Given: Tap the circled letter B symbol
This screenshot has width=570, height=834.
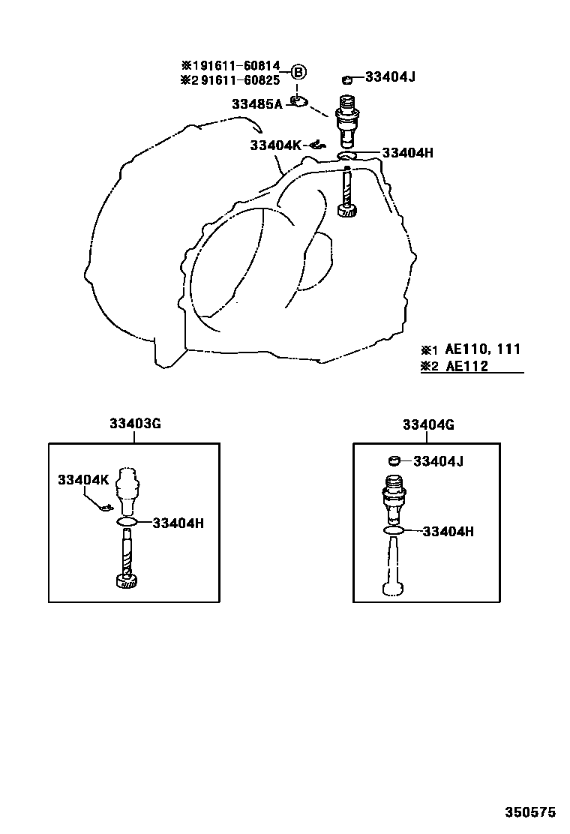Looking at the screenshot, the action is pyautogui.click(x=298, y=72).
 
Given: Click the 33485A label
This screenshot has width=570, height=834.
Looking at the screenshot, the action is pyautogui.click(x=257, y=104).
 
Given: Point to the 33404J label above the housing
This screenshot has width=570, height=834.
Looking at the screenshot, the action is pyautogui.click(x=390, y=77).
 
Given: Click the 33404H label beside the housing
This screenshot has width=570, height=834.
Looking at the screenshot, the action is pyautogui.click(x=408, y=153).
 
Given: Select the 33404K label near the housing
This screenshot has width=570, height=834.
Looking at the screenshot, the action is pyautogui.click(x=275, y=145).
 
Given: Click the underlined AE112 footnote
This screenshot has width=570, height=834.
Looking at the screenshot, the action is pyautogui.click(x=466, y=367).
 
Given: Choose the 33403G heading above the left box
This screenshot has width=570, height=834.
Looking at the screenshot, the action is pyautogui.click(x=135, y=424).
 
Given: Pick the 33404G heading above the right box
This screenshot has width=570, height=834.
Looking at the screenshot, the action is pyautogui.click(x=428, y=425).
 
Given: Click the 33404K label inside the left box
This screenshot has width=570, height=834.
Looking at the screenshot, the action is pyautogui.click(x=83, y=480).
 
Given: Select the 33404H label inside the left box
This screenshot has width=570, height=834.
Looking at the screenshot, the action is pyautogui.click(x=178, y=523).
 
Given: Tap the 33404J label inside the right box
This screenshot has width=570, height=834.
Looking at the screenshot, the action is pyautogui.click(x=438, y=461).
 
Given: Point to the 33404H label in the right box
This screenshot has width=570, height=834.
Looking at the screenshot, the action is pyautogui.click(x=448, y=531).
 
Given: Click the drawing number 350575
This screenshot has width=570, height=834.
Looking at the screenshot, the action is pyautogui.click(x=529, y=812).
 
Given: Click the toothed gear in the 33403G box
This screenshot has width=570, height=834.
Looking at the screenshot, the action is pyautogui.click(x=127, y=580).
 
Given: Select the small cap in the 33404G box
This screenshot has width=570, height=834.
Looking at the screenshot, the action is pyautogui.click(x=394, y=460).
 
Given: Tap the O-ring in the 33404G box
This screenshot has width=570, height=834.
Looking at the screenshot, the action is pyautogui.click(x=393, y=530).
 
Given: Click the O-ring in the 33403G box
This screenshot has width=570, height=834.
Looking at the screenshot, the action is pyautogui.click(x=127, y=522).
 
